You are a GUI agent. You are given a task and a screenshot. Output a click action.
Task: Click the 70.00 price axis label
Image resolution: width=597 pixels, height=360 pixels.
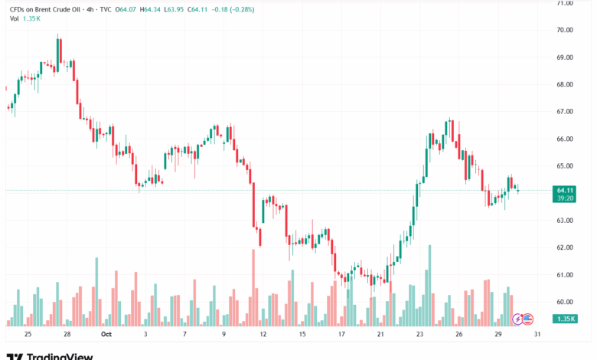coord(565,30)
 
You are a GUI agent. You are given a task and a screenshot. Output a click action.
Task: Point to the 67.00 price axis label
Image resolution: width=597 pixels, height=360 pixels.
coord(565,112)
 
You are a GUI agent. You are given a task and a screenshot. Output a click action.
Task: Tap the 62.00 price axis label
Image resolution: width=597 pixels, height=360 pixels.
coord(565,247)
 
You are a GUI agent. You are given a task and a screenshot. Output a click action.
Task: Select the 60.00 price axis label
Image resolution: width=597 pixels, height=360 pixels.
coord(565,302)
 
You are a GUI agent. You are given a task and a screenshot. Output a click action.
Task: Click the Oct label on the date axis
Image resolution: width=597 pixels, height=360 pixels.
coord(106,335)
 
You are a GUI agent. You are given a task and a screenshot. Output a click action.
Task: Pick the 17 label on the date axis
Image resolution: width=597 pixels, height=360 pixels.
coord(342,335)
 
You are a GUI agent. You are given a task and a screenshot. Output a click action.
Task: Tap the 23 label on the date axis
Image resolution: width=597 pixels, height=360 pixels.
coord(420,335)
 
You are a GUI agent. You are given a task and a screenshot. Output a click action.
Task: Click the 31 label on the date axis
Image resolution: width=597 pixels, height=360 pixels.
coord(539,335)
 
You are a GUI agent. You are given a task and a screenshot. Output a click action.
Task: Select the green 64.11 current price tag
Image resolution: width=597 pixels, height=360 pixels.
coord(566,190)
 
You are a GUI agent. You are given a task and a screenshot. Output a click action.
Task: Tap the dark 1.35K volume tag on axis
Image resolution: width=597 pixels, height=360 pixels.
coord(566,318)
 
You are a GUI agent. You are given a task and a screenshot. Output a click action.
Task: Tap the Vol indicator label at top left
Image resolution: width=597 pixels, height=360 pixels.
coord(15,18)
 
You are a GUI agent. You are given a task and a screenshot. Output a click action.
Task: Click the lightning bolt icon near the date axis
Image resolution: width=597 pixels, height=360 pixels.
coord(517,318)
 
